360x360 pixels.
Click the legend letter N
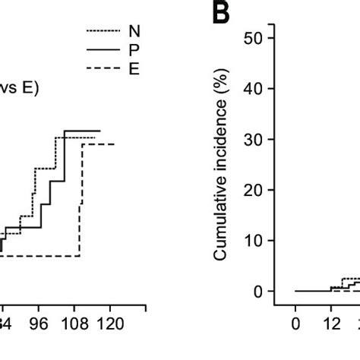click(x=134, y=31)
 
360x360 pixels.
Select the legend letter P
click(x=134, y=50)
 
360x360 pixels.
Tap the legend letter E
click(x=134, y=69)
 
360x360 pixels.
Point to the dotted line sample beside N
click(x=103, y=31)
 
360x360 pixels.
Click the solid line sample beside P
click(x=103, y=50)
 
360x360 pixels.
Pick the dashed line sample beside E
click(x=103, y=69)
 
